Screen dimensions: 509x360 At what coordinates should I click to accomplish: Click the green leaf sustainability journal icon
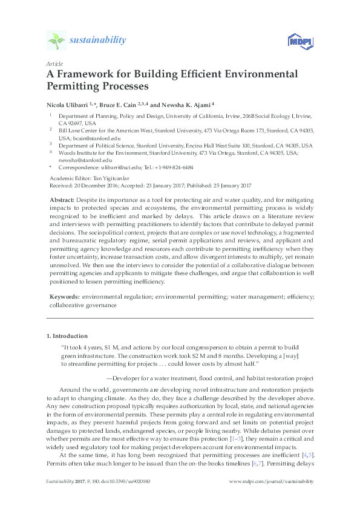[56, 41]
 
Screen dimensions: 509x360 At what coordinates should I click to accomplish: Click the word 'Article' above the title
[53, 63]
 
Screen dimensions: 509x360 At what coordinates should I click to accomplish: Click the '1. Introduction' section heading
[67, 336]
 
